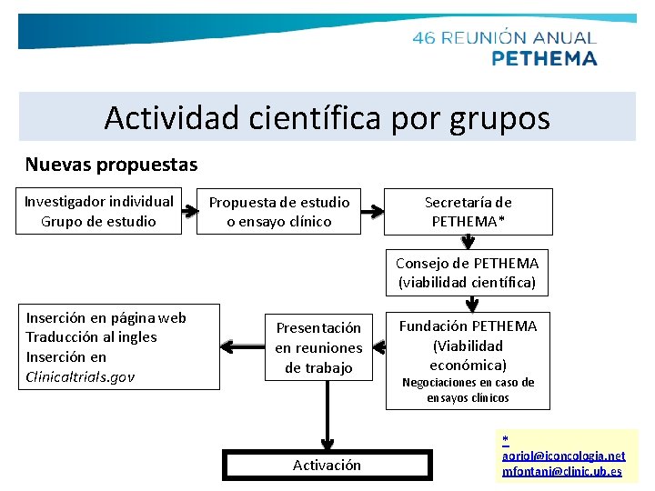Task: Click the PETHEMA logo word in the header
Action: tap(544, 58)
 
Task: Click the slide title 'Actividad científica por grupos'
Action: tap(327, 117)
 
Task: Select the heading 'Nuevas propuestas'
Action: tap(111, 165)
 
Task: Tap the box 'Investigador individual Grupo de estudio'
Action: tap(99, 211)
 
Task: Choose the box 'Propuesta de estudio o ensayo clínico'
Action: tap(279, 211)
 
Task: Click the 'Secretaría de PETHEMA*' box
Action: tap(468, 211)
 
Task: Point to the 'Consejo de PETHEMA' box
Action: tap(468, 272)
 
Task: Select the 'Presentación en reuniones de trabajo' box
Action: tap(318, 347)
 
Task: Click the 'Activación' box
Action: tap(327, 465)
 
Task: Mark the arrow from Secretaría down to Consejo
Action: tap(468, 242)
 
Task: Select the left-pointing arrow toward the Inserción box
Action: tap(240, 346)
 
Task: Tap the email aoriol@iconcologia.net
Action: tap(563, 455)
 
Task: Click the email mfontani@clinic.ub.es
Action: tap(561, 471)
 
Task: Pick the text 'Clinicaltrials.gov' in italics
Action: tap(80, 376)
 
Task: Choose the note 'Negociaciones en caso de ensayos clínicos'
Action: tap(468, 390)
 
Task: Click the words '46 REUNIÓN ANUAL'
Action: tap(504, 38)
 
